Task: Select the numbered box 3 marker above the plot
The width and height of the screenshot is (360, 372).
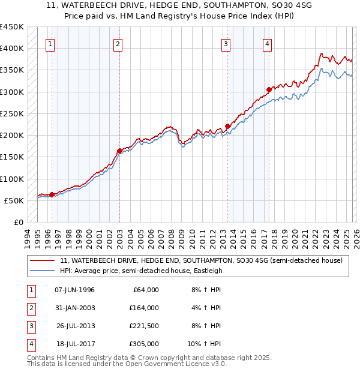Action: [x=226, y=44]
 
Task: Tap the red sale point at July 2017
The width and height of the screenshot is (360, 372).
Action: [x=268, y=90]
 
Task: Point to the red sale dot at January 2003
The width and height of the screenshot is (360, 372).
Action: [x=119, y=151]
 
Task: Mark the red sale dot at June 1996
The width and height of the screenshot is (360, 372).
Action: [x=52, y=194]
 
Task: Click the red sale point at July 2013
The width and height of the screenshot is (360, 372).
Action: [x=228, y=126]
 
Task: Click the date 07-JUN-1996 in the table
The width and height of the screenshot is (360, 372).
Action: [x=74, y=290]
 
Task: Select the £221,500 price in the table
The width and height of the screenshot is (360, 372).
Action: [x=143, y=326]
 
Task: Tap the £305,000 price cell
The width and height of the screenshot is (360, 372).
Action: [x=143, y=344]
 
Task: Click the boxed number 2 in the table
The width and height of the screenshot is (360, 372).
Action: [x=29, y=308]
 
